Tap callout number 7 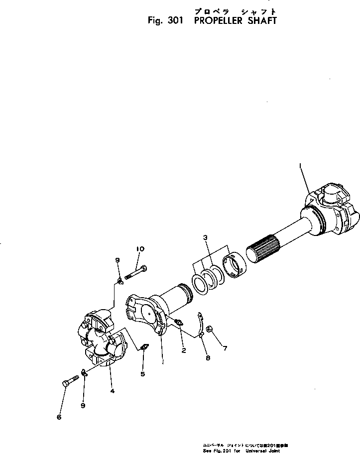tap(225, 348)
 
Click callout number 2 tap(183, 351)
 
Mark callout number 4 tap(112, 391)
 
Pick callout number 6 tap(58, 417)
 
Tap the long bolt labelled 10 tap(136, 273)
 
